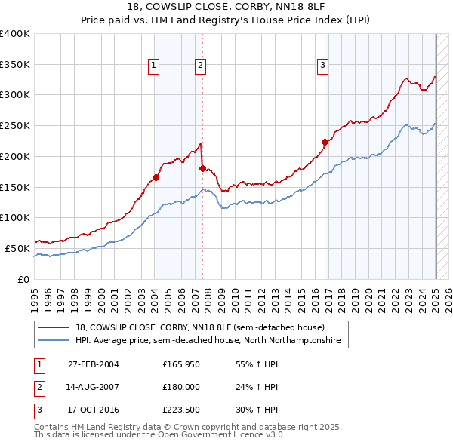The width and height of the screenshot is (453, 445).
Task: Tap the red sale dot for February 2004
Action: point(156,177)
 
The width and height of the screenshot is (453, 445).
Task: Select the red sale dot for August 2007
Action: point(202,168)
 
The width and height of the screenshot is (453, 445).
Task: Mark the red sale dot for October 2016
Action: point(325,142)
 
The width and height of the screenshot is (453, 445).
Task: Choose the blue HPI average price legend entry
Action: point(208,341)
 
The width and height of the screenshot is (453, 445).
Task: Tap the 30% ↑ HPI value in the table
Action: point(257,410)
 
